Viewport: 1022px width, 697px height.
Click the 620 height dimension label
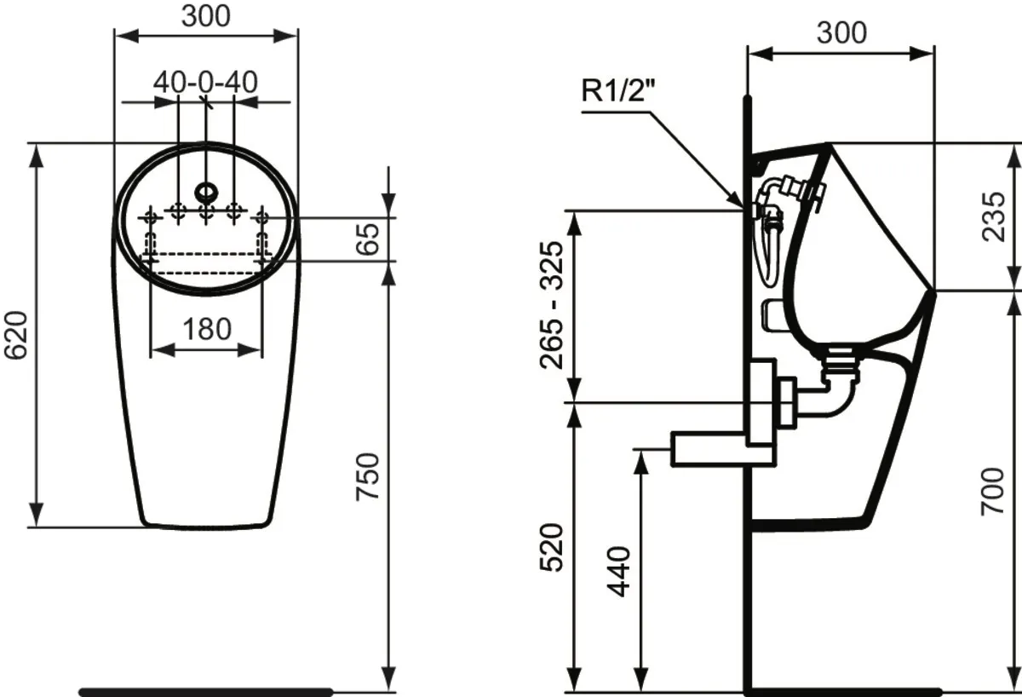click(x=18, y=334)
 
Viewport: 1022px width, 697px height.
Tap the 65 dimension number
click(x=366, y=239)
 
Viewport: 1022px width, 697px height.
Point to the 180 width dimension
click(x=206, y=329)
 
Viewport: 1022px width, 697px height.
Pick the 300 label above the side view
click(x=841, y=32)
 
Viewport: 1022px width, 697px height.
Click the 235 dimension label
click(x=992, y=217)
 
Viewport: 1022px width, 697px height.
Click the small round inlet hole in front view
click(x=206, y=189)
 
